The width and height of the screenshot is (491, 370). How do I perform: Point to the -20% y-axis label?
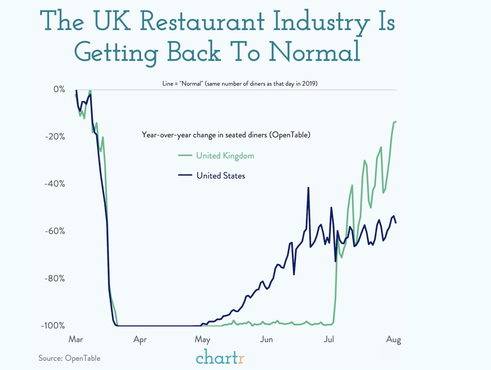(x=55, y=136)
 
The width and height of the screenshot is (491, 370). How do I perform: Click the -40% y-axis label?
(x=55, y=184)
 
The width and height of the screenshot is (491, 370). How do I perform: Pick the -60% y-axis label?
(x=55, y=231)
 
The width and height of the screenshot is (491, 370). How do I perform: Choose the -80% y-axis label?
(x=55, y=278)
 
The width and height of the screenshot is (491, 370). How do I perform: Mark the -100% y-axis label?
(x=53, y=325)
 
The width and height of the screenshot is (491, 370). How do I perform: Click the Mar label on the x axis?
(x=76, y=339)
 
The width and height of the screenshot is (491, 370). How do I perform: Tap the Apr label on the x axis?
(x=140, y=339)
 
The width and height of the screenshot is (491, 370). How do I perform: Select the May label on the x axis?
(x=203, y=339)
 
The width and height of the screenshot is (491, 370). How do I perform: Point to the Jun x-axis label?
(x=266, y=339)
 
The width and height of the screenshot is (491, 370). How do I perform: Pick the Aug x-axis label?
(x=394, y=339)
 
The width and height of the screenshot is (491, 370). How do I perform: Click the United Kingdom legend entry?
(x=225, y=156)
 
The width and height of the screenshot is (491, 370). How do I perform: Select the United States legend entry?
(x=221, y=176)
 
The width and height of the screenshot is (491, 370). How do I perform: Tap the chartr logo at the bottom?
(x=220, y=357)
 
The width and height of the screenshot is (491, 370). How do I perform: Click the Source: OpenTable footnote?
(x=69, y=358)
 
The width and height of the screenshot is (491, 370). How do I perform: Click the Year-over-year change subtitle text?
(x=226, y=134)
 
